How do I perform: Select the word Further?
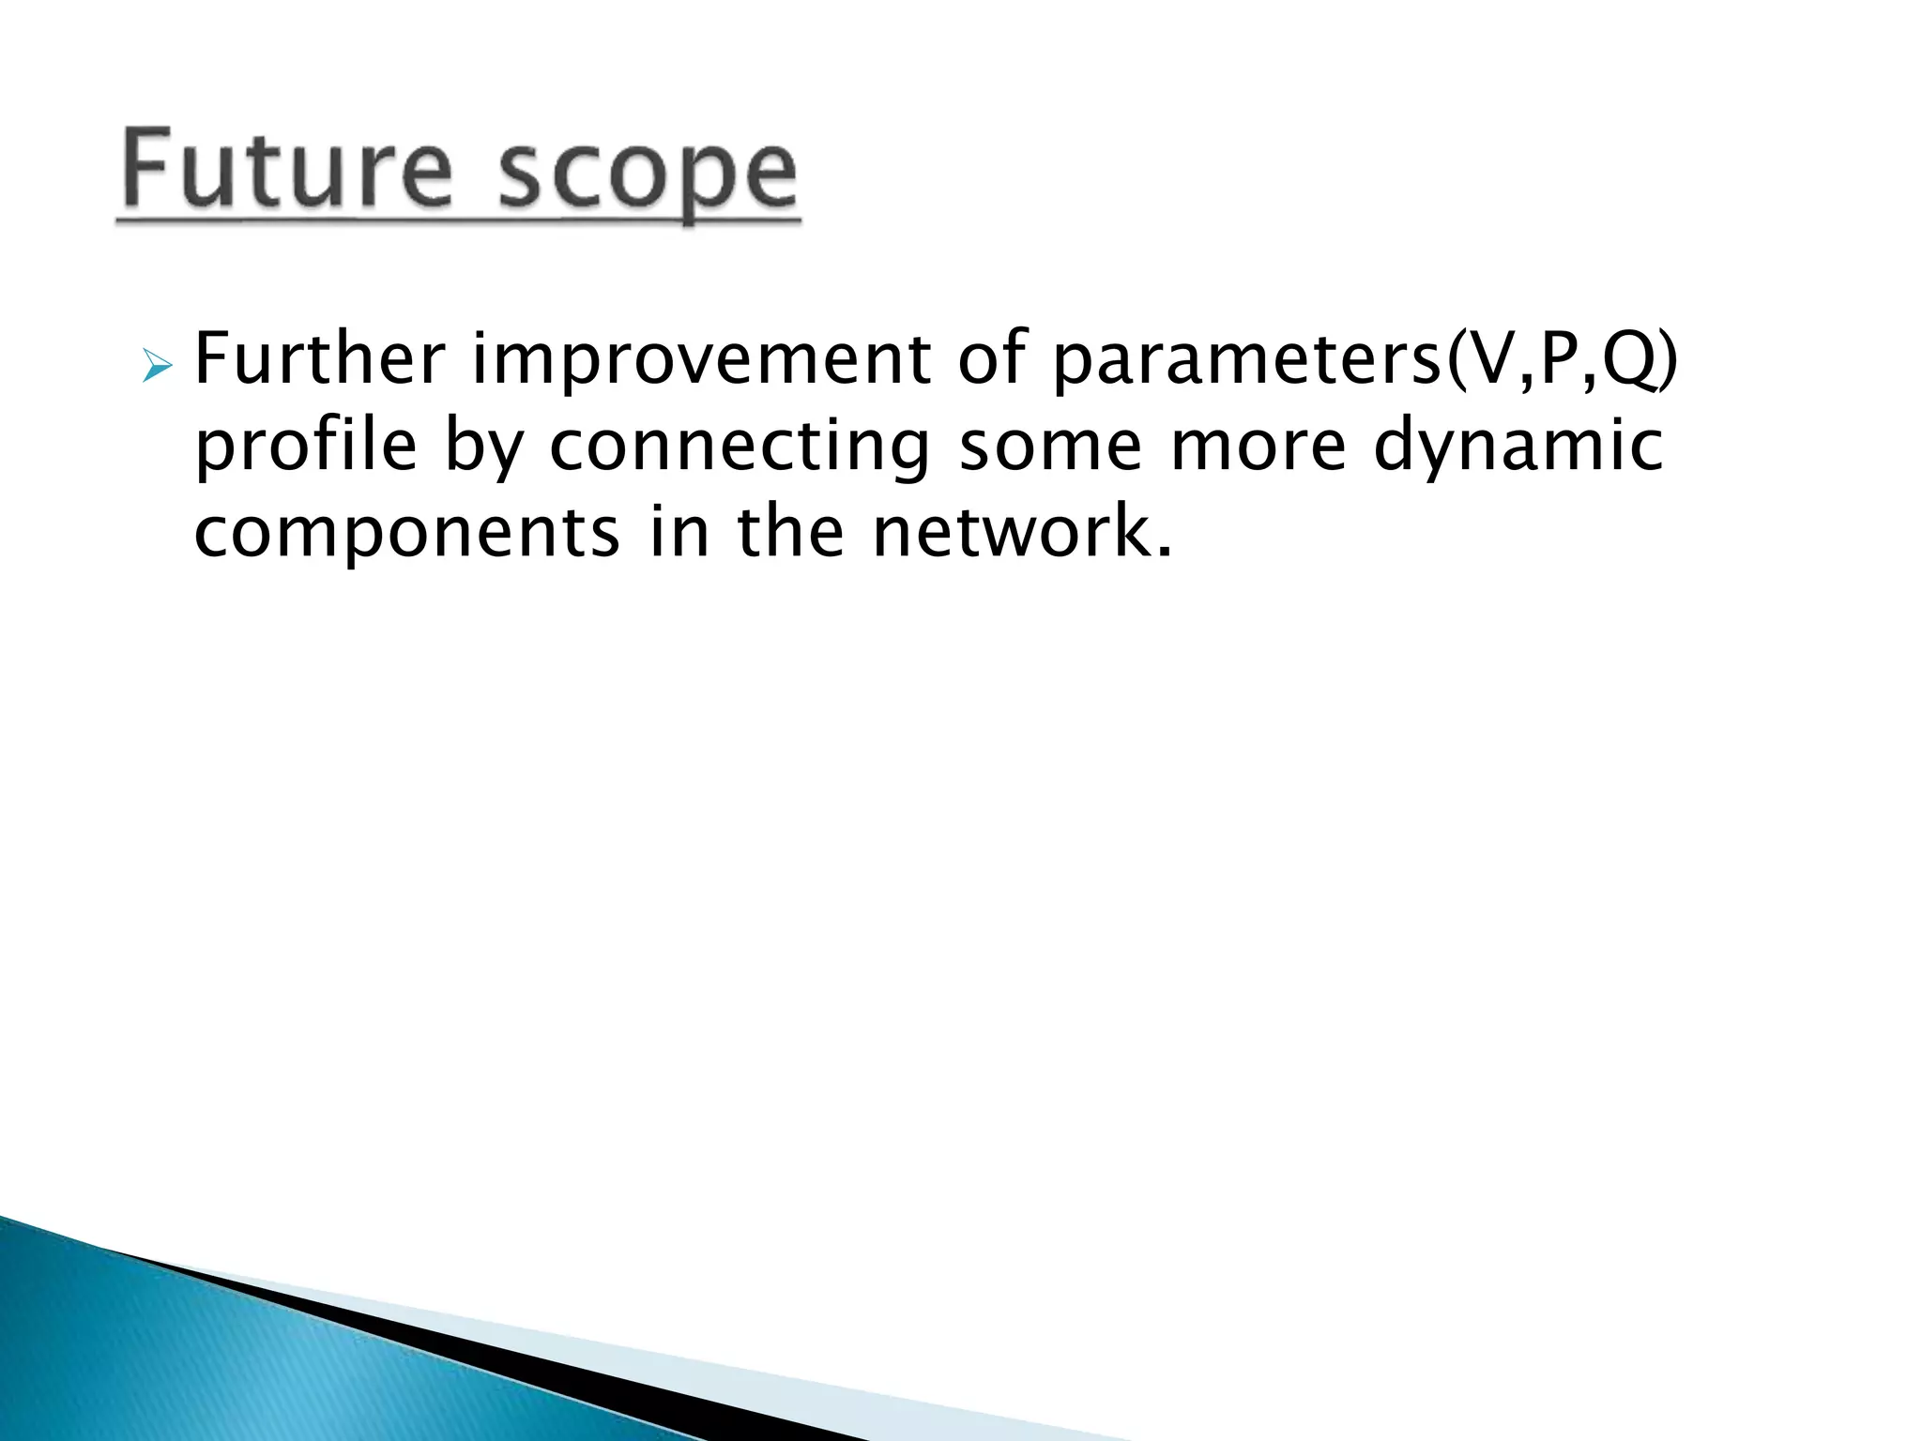click(319, 360)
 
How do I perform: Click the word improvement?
click(700, 360)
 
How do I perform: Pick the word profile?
click(305, 448)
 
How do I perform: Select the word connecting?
click(740, 448)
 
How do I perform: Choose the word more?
click(1258, 448)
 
